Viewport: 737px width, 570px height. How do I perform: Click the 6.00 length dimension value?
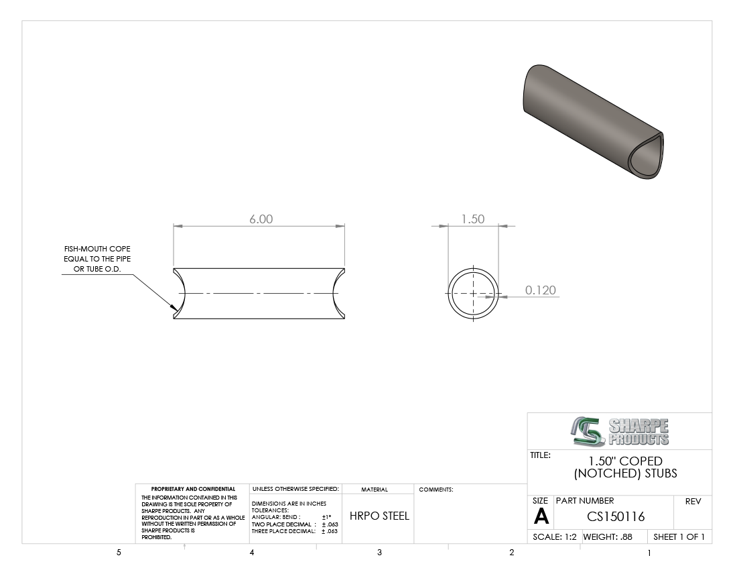pos(261,219)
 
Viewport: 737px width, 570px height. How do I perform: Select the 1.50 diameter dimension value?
pos(472,219)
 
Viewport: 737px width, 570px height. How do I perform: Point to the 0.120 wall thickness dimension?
pos(541,290)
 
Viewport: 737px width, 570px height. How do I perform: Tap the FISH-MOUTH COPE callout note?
pos(97,259)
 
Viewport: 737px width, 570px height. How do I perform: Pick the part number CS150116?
pos(616,517)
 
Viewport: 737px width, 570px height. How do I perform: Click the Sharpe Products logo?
pos(620,432)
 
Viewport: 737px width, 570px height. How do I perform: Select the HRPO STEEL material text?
pos(379,516)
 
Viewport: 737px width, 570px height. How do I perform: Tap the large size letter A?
pos(541,517)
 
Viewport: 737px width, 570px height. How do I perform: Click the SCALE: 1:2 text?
pos(555,537)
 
